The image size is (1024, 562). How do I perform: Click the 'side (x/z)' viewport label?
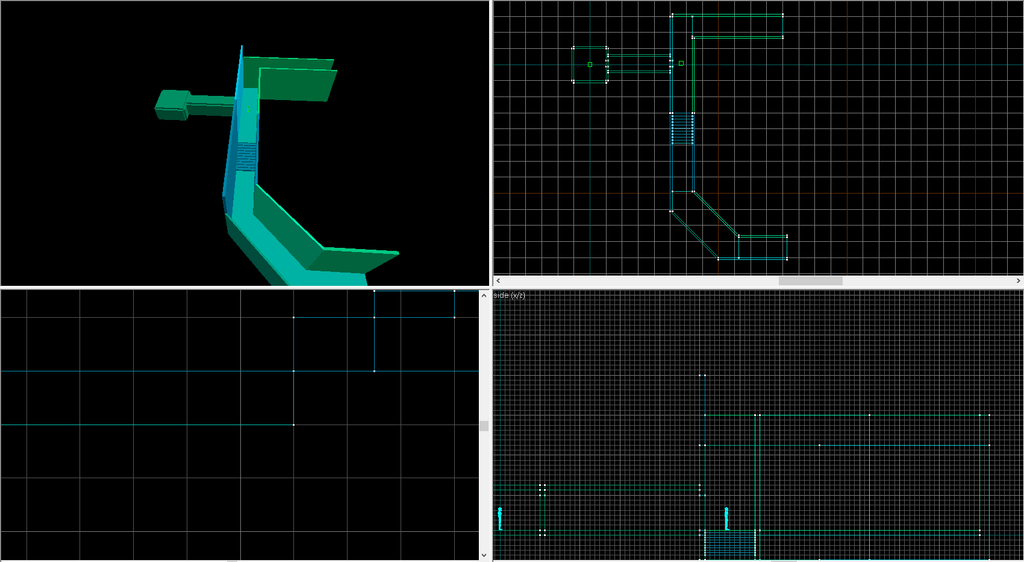509,295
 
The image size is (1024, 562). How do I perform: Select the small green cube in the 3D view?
173,105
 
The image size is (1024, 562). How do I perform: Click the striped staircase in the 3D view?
246,156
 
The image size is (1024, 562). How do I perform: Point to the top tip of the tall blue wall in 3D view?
242,47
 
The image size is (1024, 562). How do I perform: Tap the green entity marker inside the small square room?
590,65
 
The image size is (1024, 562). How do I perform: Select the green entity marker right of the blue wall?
681,63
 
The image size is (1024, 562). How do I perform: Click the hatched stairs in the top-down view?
682,129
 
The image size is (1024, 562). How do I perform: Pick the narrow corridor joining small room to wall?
638,63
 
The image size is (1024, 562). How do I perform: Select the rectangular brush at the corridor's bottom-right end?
763,247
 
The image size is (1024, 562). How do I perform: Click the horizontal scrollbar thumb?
810,281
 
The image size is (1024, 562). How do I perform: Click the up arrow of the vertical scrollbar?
484,295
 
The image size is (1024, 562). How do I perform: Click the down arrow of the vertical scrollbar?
484,555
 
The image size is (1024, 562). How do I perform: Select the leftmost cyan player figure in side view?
500,519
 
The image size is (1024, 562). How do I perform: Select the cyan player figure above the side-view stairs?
726,519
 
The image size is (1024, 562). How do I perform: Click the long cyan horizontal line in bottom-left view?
145,425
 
